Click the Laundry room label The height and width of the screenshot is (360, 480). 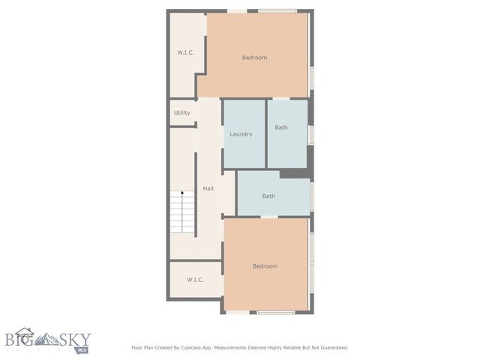click(241, 134)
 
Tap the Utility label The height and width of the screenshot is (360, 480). click(182, 112)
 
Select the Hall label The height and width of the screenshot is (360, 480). click(208, 188)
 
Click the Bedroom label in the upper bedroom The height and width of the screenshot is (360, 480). click(254, 58)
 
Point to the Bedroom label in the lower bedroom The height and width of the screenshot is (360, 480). click(265, 266)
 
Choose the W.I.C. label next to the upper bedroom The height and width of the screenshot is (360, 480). click(186, 52)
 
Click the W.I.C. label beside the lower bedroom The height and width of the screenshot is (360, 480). click(195, 281)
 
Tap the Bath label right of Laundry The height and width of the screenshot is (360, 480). click(281, 127)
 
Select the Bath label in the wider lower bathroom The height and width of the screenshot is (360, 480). click(268, 196)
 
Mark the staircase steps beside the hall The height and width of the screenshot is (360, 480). click(182, 214)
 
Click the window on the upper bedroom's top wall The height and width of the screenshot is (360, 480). click(277, 10)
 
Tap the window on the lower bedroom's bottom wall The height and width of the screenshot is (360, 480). click(275, 312)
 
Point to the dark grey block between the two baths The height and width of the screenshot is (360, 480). click(295, 173)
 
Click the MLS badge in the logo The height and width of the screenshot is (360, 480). click(81, 349)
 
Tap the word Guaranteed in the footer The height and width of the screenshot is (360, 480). click(332, 348)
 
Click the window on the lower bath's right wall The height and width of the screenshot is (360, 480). click(311, 196)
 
